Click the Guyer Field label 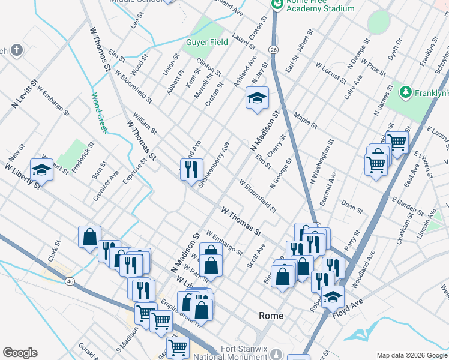(x=206, y=43)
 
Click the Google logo (x=20, y=353)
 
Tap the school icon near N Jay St (x=257, y=98)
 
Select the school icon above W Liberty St (x=42, y=170)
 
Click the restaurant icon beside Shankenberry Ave (x=191, y=169)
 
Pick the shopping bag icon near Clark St (x=89, y=236)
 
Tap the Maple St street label (x=306, y=119)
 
